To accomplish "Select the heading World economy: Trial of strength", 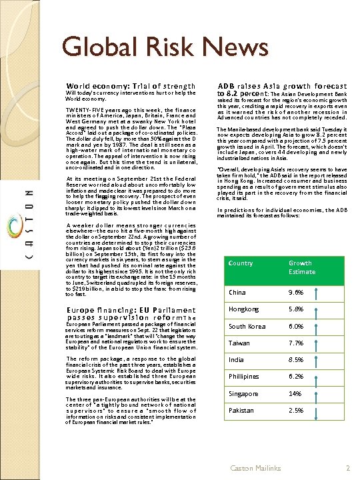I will coord(131,86).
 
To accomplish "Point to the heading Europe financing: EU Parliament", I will coord(131,310).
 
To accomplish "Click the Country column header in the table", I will coord(241,263).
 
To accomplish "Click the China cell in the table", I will coord(237,293).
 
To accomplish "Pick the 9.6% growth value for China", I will coord(296,293).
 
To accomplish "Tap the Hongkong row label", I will coord(243,309).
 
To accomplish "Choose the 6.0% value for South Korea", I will coord(296,327).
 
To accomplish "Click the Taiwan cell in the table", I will coord(239,343).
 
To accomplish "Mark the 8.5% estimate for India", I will coord(296,360).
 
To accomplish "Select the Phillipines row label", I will coord(244,377).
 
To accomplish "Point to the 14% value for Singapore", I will coord(295,394).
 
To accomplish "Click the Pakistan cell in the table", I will coord(241,411).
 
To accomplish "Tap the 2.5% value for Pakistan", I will coord(296,411).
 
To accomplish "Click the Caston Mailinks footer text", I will coord(255,469).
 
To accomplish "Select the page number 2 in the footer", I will coord(347,469).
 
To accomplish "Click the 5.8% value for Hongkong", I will coord(296,309).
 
